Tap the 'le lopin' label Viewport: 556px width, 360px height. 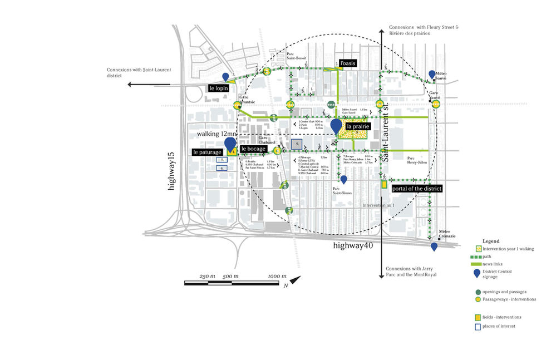[219, 88]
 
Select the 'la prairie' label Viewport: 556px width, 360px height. [357, 127]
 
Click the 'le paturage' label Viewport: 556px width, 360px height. [206, 152]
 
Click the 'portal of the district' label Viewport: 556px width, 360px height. [417, 189]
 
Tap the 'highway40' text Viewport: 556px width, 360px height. [353, 245]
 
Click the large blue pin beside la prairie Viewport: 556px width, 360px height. [336, 126]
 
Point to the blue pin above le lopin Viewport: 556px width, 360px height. [225, 77]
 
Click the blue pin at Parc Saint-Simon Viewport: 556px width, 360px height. [344, 179]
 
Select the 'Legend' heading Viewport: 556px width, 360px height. [491, 240]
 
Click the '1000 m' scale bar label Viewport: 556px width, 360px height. [277, 277]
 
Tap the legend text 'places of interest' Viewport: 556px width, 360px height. [499, 326]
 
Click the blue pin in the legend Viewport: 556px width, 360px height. [478, 273]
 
